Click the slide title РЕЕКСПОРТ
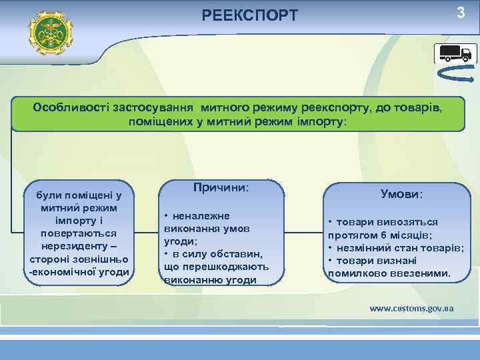[250, 15]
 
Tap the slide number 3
[459, 13]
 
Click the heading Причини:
[221, 188]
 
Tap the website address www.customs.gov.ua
[411, 308]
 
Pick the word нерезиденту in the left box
[77, 246]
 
